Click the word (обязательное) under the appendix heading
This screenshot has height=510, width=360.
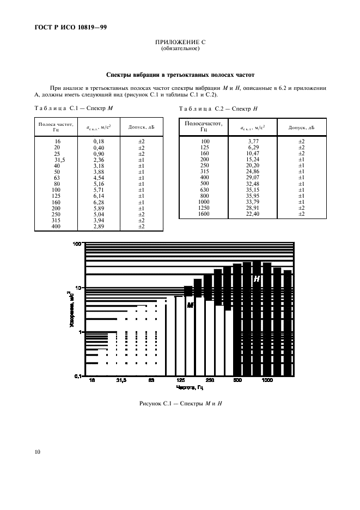[x=180, y=48]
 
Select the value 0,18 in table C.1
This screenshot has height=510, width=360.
[x=98, y=141]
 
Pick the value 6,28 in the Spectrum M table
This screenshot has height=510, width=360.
[x=98, y=202]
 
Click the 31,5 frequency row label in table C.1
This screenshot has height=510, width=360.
[x=57, y=160]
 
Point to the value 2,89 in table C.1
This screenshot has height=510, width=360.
[x=98, y=227]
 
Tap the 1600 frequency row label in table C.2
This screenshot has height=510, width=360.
[x=204, y=214]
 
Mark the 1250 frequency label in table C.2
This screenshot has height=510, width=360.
[x=204, y=208]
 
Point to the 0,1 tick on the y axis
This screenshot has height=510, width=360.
[x=77, y=375]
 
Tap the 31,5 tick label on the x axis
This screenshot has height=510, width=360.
[x=121, y=381]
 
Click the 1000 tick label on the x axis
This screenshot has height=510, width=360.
[x=267, y=381]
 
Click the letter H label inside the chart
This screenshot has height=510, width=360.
[x=257, y=278]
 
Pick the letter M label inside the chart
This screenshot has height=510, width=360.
[x=191, y=305]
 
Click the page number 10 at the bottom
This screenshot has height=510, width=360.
[x=36, y=452]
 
